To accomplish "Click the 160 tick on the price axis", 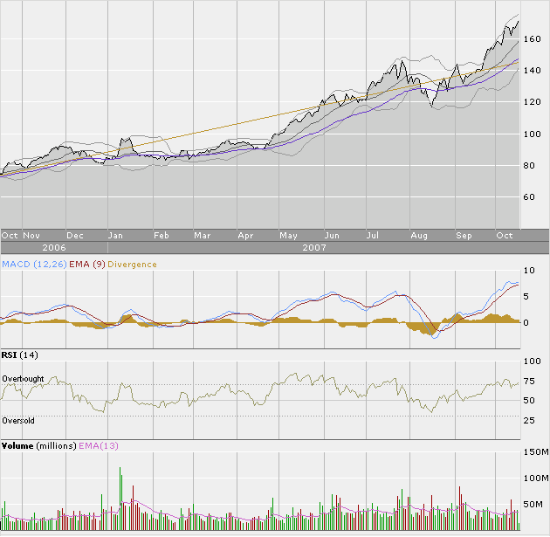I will [533, 39].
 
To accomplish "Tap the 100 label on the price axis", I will [533, 134].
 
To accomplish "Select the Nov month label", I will [31, 235].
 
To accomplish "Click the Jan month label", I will [113, 235].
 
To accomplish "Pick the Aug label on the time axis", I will [418, 235].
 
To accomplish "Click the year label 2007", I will [314, 247].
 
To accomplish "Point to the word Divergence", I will [134, 264].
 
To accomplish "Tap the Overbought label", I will [24, 378].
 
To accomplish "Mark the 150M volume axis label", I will [535, 452].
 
